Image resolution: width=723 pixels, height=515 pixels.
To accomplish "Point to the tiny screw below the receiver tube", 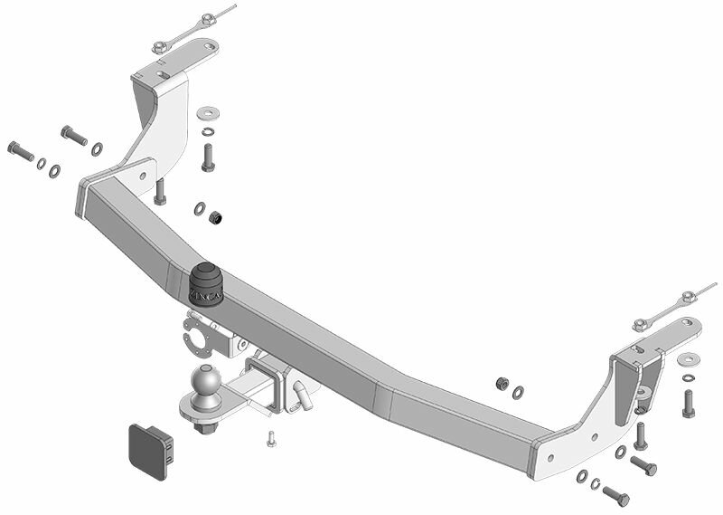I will tap(269, 440).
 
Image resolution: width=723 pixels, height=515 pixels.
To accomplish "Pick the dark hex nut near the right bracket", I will tap(502, 384).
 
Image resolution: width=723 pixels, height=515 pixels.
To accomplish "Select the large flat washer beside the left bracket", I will tap(208, 113).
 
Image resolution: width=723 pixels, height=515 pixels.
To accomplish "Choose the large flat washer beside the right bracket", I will tap(688, 359).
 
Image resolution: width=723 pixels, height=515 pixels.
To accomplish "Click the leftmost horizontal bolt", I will tap(19, 149).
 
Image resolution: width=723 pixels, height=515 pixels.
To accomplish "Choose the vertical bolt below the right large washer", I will tap(688, 403).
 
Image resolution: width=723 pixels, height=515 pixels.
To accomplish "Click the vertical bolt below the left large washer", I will tap(208, 157).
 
